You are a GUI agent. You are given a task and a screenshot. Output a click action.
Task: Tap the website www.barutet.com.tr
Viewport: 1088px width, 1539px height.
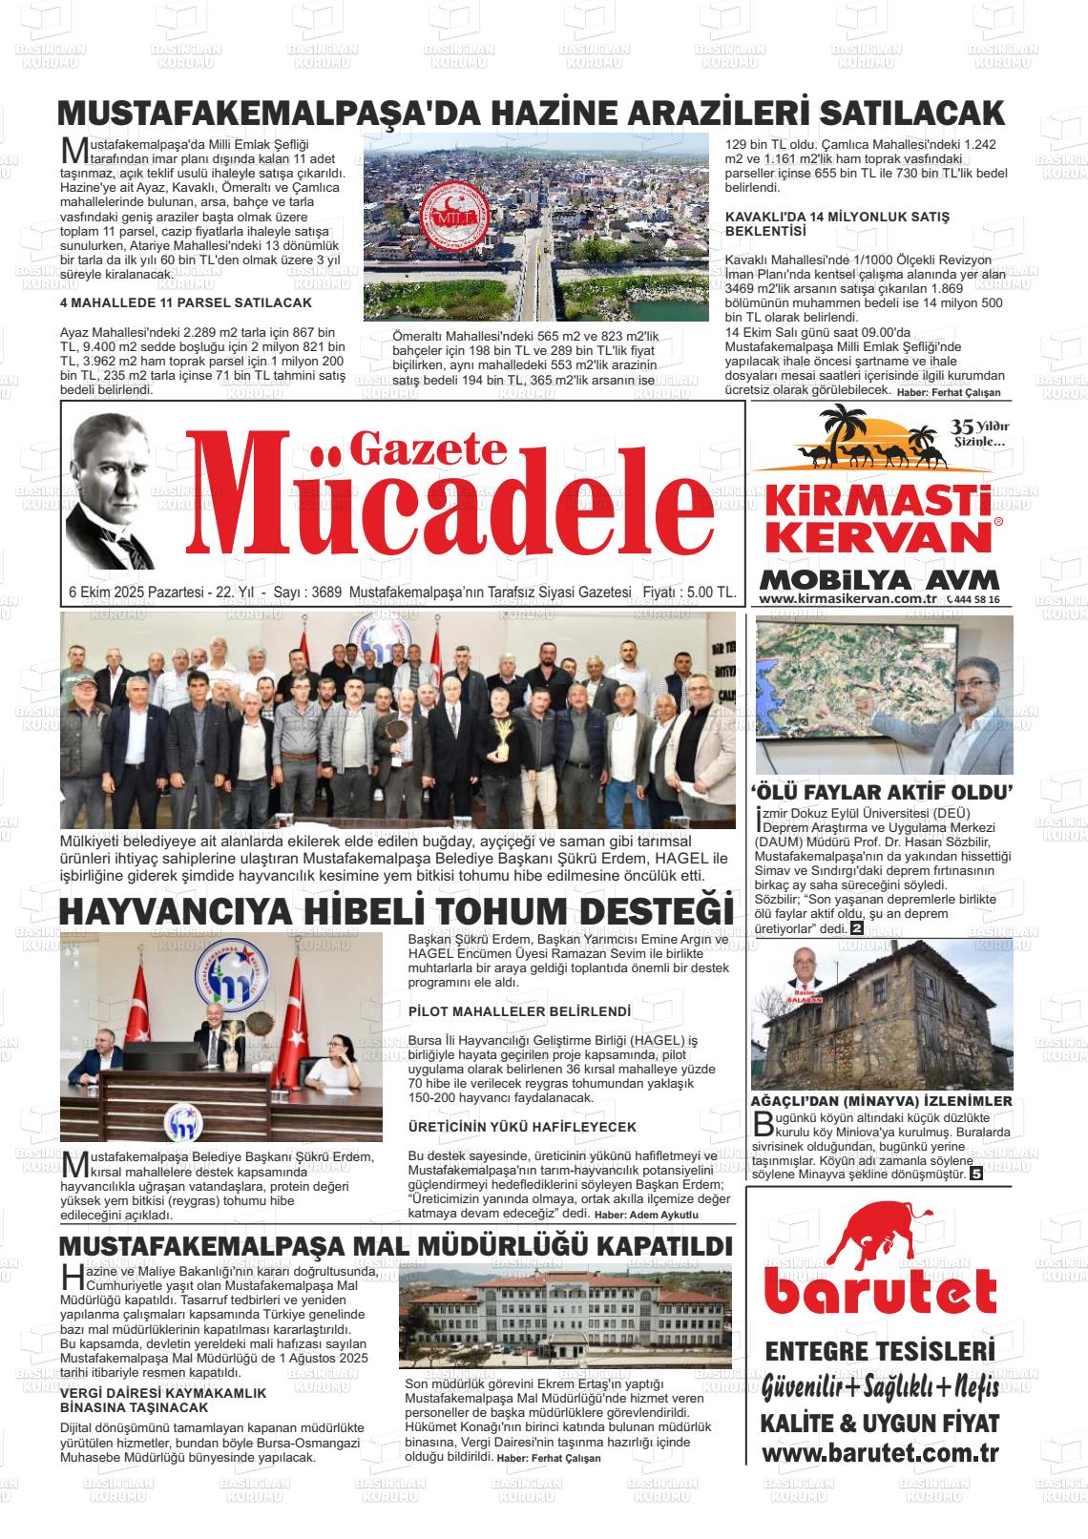click(879, 1454)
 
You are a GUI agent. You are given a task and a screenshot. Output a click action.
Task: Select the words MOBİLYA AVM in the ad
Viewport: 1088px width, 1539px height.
click(880, 580)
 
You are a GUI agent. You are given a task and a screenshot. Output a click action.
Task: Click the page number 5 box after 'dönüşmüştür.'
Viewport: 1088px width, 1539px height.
click(976, 1174)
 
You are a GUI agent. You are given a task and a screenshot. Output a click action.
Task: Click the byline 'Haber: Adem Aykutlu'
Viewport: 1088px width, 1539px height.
click(647, 1215)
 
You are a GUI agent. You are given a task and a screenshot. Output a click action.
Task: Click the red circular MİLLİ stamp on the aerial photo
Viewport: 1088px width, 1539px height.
click(448, 216)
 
